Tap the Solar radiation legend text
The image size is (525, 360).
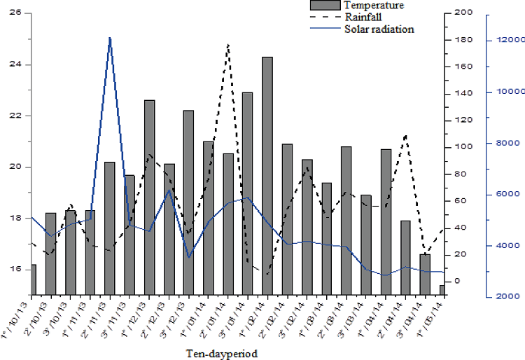pyautogui.click(x=379, y=29)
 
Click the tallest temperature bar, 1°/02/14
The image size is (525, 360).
pyautogui.click(x=267, y=175)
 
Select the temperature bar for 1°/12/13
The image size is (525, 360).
pyautogui.click(x=149, y=196)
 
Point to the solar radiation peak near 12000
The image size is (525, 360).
pyautogui.click(x=110, y=39)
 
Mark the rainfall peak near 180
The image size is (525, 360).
pyautogui.click(x=228, y=45)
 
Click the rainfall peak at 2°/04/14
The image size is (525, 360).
pyautogui.click(x=405, y=136)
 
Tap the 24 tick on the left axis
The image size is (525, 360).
pyautogui.click(x=15, y=64)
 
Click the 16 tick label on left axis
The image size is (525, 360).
pyautogui.click(x=15, y=270)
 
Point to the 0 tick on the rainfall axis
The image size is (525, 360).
pyautogui.click(x=456, y=281)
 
